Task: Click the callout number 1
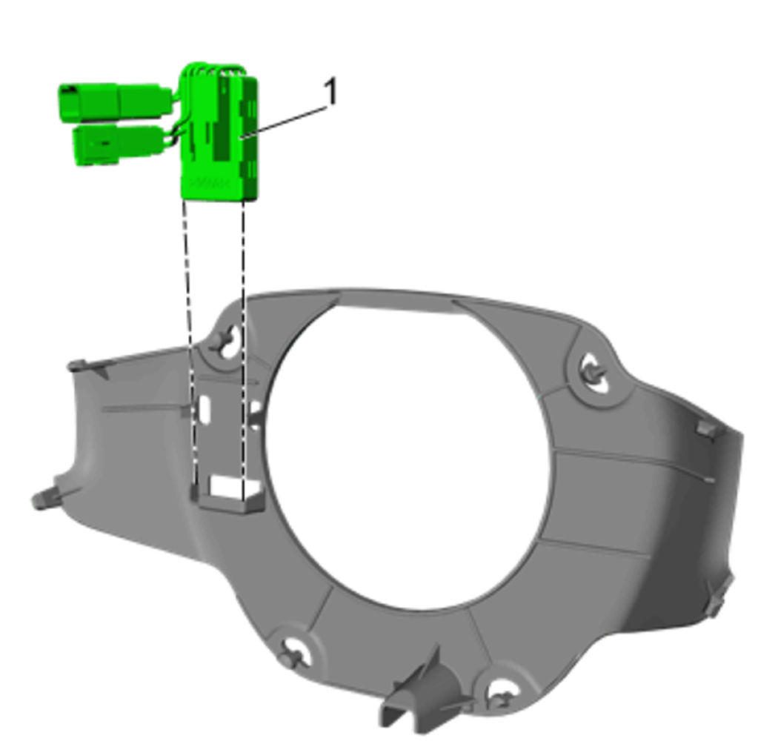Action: point(330,91)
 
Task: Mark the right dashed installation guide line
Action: point(243,348)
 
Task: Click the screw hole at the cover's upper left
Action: point(229,342)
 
